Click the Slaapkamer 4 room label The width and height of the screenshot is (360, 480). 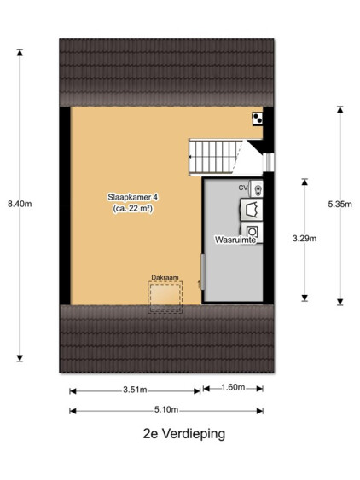[133, 197]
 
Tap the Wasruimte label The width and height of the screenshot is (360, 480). [235, 240]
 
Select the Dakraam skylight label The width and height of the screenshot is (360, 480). [165, 277]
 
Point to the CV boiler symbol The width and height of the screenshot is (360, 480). [256, 188]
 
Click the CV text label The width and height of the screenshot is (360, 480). [243, 188]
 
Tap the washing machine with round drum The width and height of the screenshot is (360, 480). [253, 232]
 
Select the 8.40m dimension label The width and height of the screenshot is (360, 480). [20, 204]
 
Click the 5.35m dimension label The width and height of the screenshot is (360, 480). [340, 204]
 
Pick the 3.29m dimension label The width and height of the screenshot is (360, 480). [305, 239]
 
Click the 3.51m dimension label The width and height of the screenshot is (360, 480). [135, 390]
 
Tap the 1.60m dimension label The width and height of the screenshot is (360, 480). [233, 387]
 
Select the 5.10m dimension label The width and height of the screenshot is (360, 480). [166, 409]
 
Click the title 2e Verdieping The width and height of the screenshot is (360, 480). [184, 433]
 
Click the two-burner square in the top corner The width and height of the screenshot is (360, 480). [258, 119]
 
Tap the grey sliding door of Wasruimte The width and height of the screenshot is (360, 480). [203, 271]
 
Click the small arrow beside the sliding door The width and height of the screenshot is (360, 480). [198, 285]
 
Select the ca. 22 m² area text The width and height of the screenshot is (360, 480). [133, 209]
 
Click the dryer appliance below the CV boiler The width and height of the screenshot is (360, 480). [252, 210]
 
